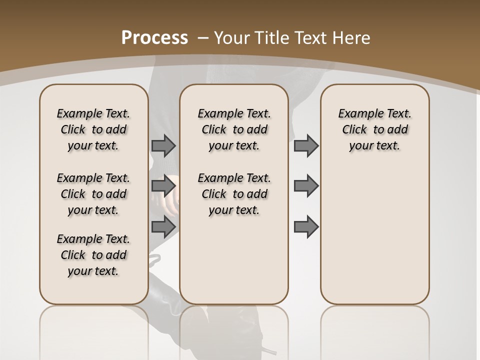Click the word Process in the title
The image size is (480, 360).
[154, 38]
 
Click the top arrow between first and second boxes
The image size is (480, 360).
[163, 146]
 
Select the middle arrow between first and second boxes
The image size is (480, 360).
[163, 186]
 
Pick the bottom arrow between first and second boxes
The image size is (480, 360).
[163, 226]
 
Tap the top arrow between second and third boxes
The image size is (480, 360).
[306, 146]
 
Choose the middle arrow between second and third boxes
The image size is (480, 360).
[306, 186]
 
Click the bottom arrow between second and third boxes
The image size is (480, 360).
[306, 226]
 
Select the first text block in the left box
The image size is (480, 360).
[93, 129]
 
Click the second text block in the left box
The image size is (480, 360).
[93, 194]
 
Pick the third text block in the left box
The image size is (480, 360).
[93, 255]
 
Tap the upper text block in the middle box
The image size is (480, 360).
[234, 129]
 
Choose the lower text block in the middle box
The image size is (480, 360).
[234, 194]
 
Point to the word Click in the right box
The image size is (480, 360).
[354, 130]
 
